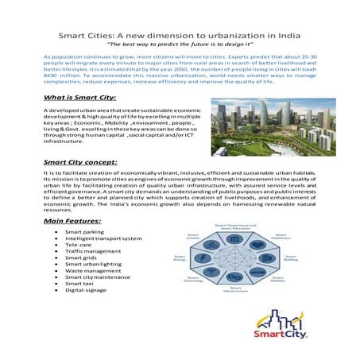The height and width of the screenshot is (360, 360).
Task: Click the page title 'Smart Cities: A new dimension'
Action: tap(180, 36)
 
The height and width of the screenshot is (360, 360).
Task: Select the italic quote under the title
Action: tap(180, 45)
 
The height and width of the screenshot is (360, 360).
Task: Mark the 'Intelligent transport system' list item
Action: tap(103, 238)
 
